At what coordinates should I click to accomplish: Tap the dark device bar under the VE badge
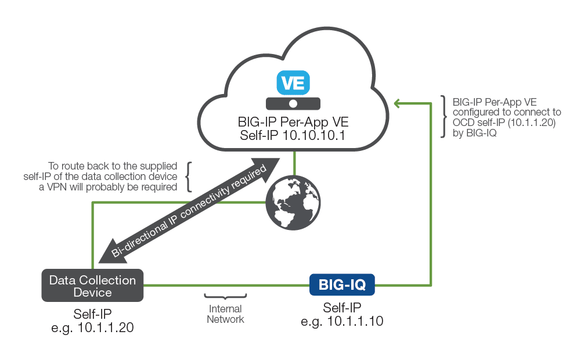293,103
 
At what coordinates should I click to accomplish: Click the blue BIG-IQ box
342,285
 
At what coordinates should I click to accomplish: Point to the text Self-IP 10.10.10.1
293,136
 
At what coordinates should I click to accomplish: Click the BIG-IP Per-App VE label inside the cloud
293,123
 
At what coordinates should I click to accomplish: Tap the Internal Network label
225,314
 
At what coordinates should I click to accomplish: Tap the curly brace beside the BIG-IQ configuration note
444,117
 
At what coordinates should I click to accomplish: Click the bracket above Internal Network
225,297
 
